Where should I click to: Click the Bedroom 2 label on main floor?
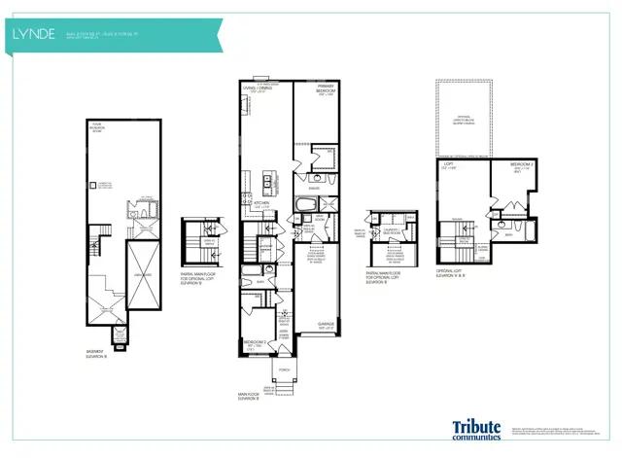point(254,344)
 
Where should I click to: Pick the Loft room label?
point(450,166)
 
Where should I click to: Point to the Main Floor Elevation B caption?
point(251,397)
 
